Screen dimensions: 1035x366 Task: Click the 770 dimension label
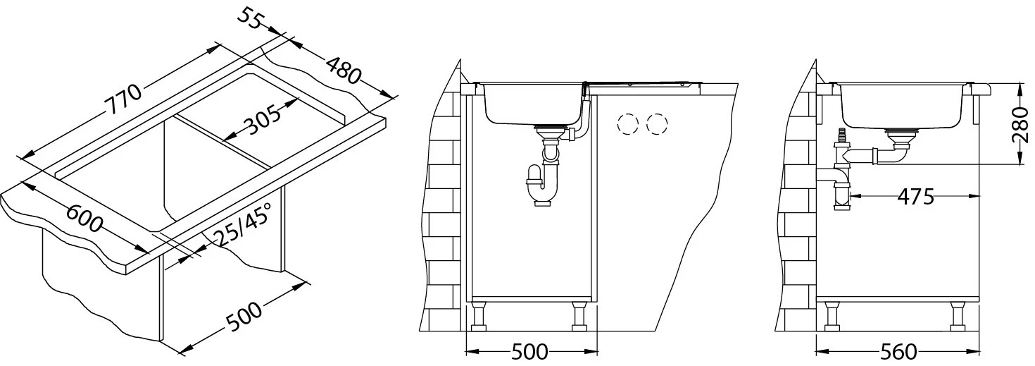point(123,99)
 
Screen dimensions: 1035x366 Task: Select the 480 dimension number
point(343,69)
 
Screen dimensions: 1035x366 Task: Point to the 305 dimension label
point(263,120)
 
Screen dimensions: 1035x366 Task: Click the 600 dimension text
point(84,219)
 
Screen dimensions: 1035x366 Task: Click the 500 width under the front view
point(529,352)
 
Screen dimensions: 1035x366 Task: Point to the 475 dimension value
point(916,197)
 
